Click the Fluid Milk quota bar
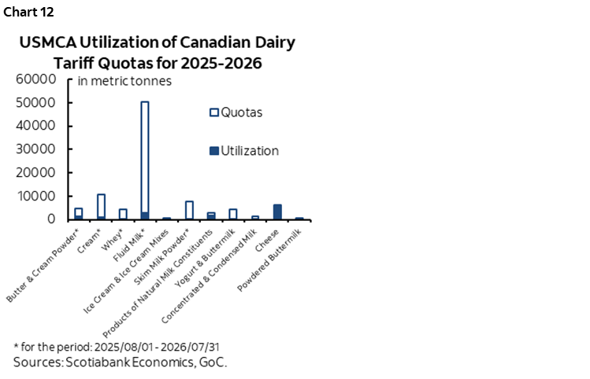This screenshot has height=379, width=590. tap(144, 157)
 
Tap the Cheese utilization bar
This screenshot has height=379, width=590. tap(277, 212)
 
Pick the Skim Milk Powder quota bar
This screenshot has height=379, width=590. tap(189, 210)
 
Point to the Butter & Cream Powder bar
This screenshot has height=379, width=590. tap(79, 213)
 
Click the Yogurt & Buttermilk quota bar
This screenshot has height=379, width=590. tap(233, 214)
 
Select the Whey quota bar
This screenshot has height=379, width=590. tap(123, 214)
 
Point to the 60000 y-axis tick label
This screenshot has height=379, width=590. tap(35, 79)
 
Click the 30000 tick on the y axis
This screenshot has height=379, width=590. tap(35, 149)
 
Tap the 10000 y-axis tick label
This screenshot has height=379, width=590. tap(35, 196)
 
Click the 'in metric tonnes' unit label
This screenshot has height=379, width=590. tap(124, 80)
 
